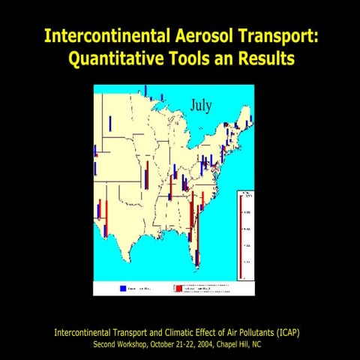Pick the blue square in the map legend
pyautogui.click(x=123, y=287)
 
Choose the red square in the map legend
pyautogui.click(x=178, y=287)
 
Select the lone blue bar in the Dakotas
pyautogui.click(x=110, y=123)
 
